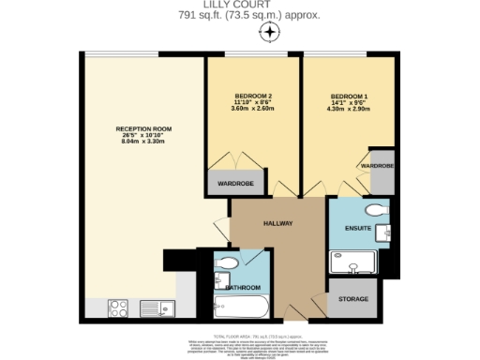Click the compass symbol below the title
[269, 34]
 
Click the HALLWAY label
[278, 223]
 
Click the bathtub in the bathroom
[243, 306]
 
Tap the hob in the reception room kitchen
[119, 307]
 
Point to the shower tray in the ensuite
[352, 262]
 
